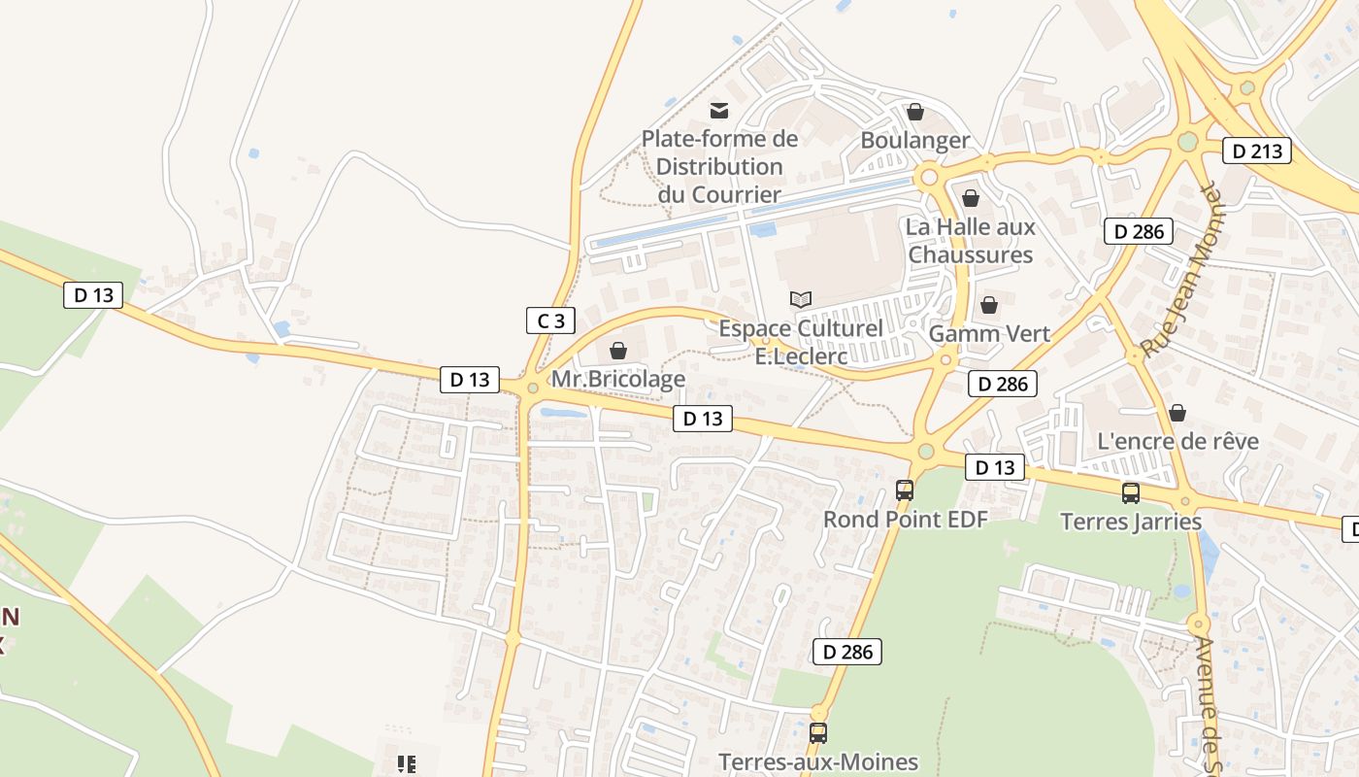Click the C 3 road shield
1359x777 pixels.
tap(550, 321)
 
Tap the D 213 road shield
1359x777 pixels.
tap(1256, 151)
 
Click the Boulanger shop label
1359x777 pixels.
tap(914, 140)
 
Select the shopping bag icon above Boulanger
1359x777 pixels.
tap(914, 112)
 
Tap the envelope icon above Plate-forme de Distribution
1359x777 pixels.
tap(719, 111)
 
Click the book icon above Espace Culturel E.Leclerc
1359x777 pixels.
tap(801, 299)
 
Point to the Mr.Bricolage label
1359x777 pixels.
tap(618, 379)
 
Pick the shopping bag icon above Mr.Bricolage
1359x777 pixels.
tap(618, 351)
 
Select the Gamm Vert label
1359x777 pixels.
tap(989, 334)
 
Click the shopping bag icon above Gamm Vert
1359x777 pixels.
tap(989, 306)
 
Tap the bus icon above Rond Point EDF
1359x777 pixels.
tap(905, 490)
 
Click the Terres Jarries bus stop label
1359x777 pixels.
tap(1131, 522)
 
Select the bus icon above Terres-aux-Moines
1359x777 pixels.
tap(818, 733)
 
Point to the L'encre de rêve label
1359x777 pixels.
tap(1177, 441)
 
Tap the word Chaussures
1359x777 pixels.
tap(971, 254)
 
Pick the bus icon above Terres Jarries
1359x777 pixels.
tap(1131, 493)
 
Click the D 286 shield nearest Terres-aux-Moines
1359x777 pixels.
tap(846, 652)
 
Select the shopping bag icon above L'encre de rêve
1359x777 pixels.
tap(1177, 413)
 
